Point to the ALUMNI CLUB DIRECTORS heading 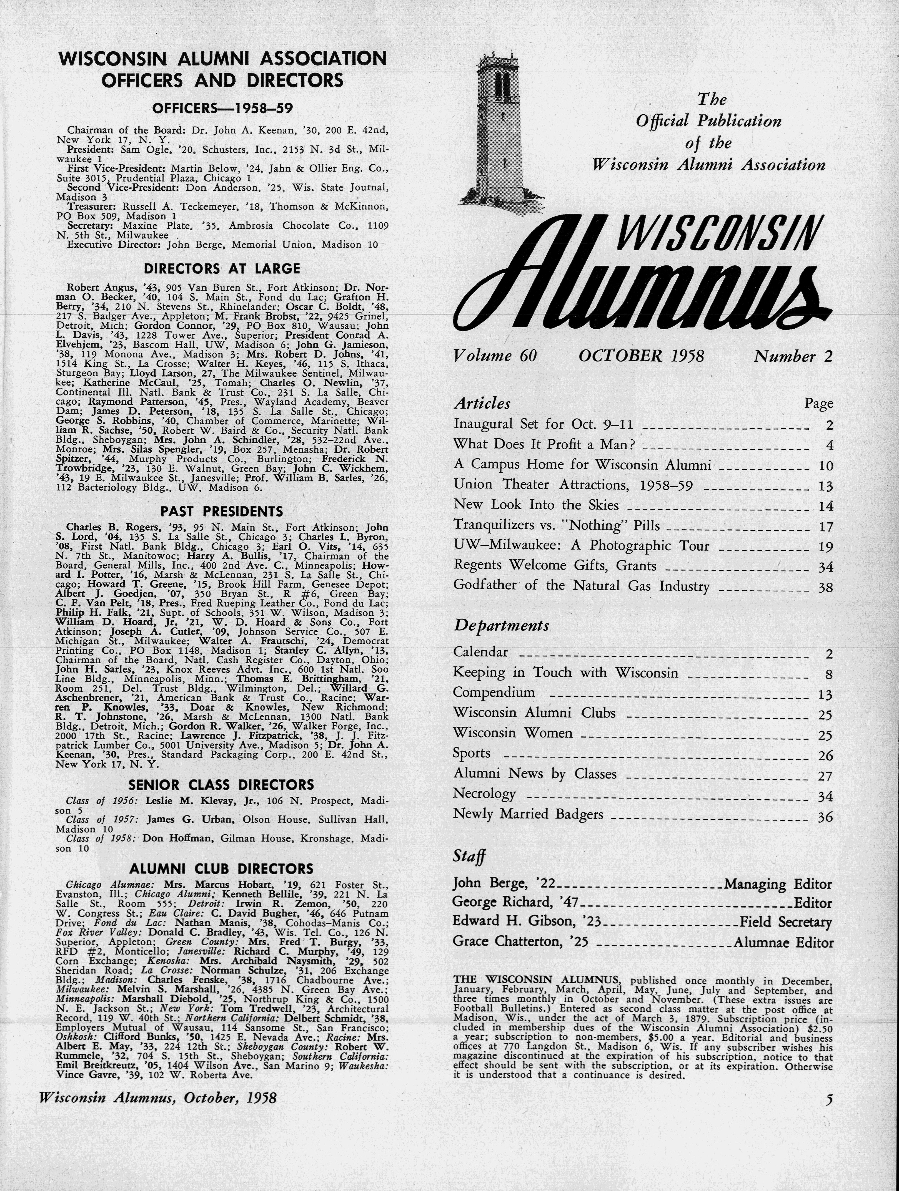221,868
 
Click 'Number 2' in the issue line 793,356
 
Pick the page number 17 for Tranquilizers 825,527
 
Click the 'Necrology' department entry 484,794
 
